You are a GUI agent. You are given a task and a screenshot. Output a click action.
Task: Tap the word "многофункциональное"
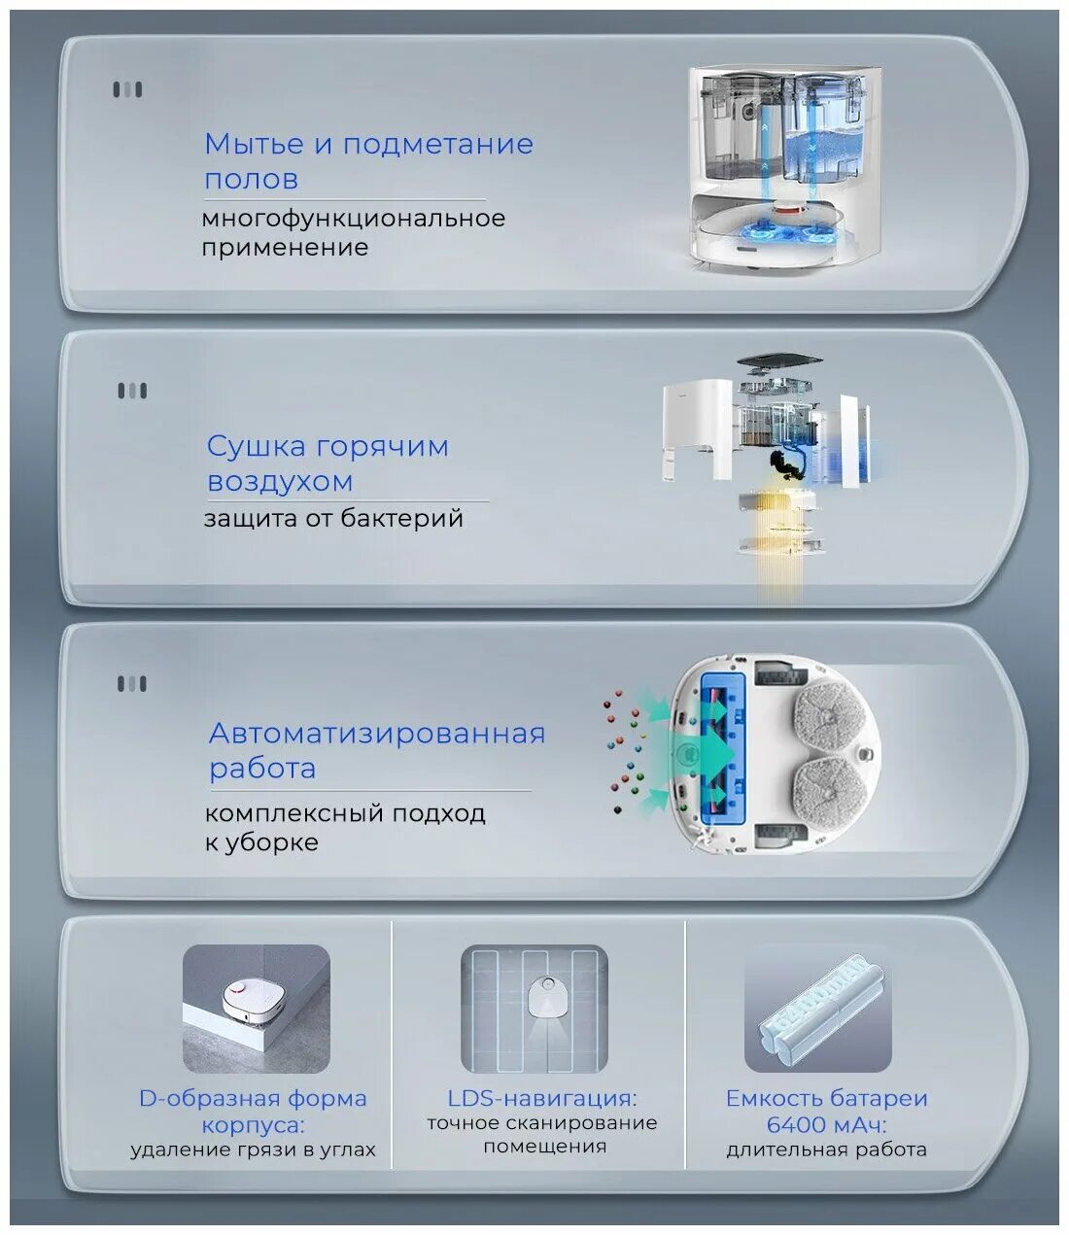click(354, 218)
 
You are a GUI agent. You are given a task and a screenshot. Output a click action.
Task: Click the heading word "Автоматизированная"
click(377, 734)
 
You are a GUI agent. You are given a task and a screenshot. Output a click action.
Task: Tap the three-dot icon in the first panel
click(127, 90)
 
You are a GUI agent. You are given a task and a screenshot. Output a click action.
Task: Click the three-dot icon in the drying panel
click(132, 392)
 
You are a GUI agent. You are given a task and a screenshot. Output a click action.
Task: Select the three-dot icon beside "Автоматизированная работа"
click(132, 684)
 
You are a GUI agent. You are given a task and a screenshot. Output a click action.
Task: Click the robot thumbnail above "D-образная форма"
click(257, 1009)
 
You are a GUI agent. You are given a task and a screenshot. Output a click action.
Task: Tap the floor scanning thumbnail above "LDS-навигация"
click(534, 1009)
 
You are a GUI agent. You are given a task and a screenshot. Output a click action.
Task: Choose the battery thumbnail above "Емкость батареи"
click(817, 1009)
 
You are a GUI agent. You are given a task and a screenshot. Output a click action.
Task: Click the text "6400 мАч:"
click(826, 1125)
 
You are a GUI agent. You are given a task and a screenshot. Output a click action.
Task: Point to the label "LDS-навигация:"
click(542, 1098)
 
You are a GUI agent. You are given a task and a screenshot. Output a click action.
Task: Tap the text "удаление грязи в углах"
click(253, 1150)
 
